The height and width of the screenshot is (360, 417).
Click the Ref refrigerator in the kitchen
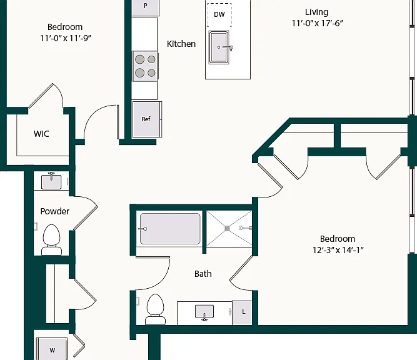147,119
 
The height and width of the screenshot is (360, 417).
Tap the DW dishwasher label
219,14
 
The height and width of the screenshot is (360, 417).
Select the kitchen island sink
219,47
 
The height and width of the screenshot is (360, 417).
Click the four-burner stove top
145,66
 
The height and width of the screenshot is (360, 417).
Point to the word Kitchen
181,44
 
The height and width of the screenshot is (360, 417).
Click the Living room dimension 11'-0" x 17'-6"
317,23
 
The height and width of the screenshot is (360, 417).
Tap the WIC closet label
41,134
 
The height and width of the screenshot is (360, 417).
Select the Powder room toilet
52,240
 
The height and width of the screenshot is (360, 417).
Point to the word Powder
55,211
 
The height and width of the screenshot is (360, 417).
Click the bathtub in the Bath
170,229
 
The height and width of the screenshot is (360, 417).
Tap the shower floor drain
227,228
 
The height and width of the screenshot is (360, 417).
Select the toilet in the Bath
155,309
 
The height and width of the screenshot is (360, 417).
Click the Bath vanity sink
204,312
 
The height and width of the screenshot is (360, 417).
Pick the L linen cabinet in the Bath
242,312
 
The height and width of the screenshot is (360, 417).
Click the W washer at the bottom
52,349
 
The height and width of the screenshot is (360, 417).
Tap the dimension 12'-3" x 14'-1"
338,250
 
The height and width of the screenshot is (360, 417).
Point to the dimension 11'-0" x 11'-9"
66,38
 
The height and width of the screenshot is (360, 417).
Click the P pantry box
146,7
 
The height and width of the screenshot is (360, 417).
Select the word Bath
203,274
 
